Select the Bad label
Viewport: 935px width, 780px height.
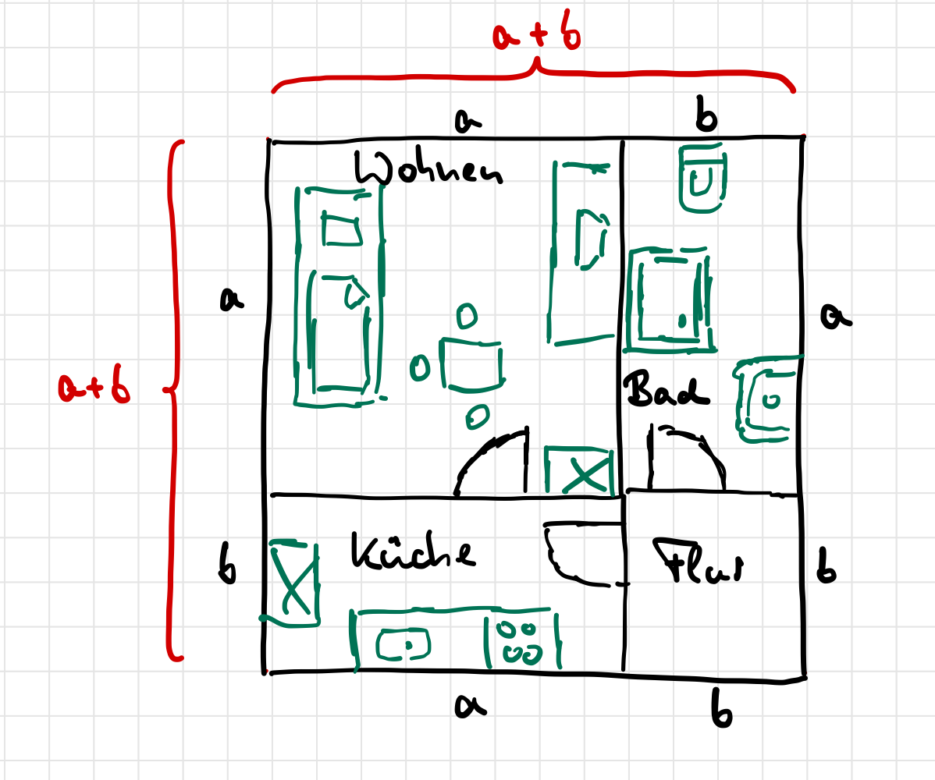666,390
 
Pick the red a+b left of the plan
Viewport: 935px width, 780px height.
94,388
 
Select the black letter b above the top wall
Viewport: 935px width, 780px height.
706,118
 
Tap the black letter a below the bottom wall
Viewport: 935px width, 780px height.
471,705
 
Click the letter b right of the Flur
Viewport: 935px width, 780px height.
826,572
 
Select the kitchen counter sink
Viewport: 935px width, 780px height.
404,644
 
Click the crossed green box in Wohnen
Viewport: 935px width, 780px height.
578,471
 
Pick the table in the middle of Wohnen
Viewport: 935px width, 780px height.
471,363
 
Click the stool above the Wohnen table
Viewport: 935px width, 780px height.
467,316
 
